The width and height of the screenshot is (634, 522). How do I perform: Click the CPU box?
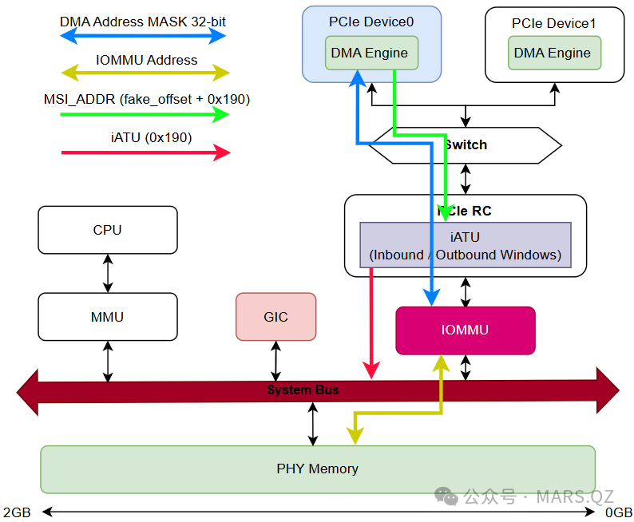(x=108, y=230)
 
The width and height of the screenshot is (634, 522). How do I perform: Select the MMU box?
(x=108, y=317)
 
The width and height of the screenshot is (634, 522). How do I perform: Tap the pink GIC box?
(x=275, y=317)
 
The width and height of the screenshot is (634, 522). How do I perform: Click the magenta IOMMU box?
(x=465, y=330)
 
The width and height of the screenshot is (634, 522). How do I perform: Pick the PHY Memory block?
(x=318, y=469)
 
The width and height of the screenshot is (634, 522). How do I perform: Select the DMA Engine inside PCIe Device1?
(x=553, y=53)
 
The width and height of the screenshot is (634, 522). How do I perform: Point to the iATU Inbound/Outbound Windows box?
(x=466, y=245)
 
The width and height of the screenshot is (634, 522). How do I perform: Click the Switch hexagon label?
(x=466, y=144)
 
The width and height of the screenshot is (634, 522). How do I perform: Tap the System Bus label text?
(x=303, y=390)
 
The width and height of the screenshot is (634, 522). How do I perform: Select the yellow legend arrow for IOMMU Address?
(x=145, y=73)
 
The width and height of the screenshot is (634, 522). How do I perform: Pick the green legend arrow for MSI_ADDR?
(x=145, y=114)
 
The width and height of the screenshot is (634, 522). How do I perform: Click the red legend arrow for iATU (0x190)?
(x=145, y=152)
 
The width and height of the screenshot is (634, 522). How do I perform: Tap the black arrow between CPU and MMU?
(x=108, y=273)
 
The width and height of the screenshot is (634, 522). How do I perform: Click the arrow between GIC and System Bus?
(x=275, y=361)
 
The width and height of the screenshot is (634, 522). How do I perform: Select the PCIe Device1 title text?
(x=553, y=24)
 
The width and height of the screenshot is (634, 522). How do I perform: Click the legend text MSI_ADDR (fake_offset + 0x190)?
(x=146, y=99)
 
